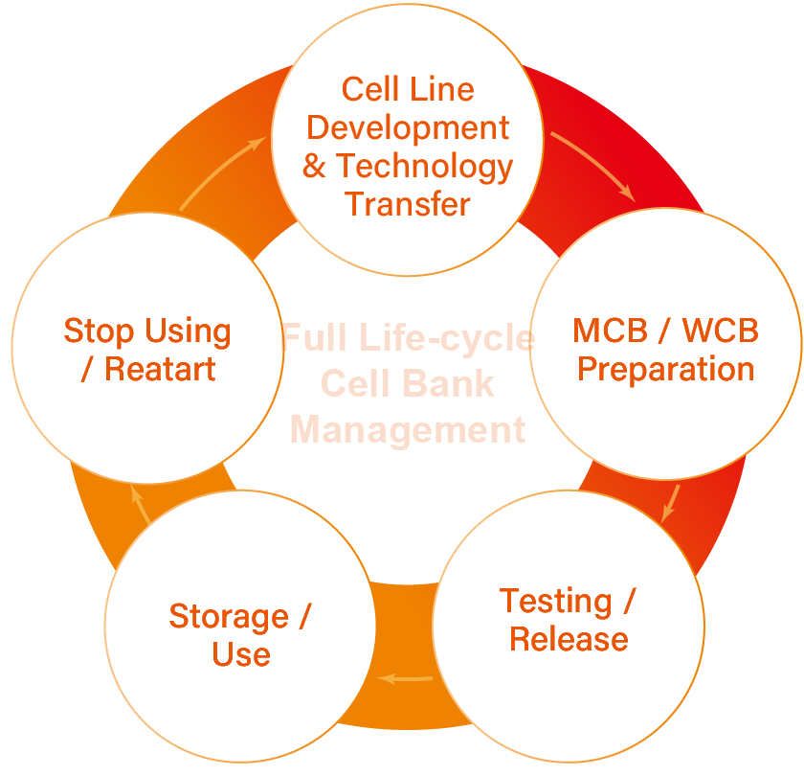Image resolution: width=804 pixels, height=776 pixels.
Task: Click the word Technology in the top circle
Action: point(424,168)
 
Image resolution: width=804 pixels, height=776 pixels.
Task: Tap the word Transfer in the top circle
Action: point(407,204)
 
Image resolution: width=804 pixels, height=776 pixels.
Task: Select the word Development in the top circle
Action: point(408,128)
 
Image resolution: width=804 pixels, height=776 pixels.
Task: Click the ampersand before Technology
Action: point(314,166)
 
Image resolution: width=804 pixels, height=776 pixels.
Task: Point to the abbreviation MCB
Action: point(611,331)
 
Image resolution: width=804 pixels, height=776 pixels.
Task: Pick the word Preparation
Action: point(665,370)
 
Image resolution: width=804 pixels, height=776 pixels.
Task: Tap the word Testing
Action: point(555,602)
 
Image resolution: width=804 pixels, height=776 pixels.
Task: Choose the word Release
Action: point(569,640)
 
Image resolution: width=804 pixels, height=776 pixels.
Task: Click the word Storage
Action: point(229,617)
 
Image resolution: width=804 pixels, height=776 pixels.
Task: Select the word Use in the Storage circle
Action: point(241,654)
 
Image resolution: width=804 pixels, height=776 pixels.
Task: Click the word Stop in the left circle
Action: point(99,332)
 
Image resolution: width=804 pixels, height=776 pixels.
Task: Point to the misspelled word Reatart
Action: point(160,369)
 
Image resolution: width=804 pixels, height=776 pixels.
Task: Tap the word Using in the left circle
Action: point(188,332)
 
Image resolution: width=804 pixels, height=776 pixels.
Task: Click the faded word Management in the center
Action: point(408,430)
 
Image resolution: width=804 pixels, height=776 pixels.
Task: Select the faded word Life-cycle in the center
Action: point(447,338)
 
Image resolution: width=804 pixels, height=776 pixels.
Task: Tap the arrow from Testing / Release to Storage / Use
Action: point(405,679)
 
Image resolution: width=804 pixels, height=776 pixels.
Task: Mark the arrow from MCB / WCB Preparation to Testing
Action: point(671,504)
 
